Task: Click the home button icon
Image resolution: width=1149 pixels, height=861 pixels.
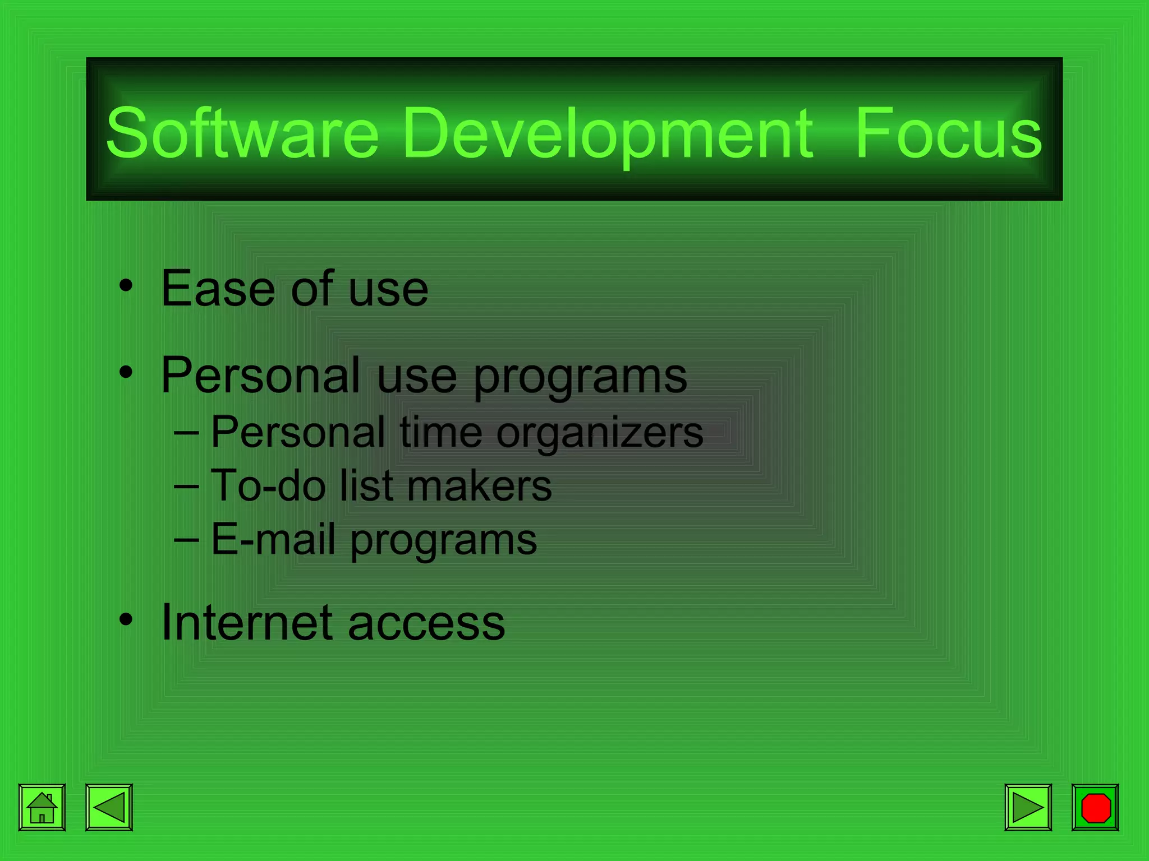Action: [42, 807]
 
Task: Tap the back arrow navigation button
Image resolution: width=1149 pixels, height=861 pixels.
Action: [109, 807]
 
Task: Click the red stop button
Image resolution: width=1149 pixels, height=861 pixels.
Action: [1095, 807]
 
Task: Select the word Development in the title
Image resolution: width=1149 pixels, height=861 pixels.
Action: [607, 133]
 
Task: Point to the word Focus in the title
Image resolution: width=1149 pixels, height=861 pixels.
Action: [948, 133]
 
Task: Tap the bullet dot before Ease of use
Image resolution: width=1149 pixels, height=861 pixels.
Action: [126, 285]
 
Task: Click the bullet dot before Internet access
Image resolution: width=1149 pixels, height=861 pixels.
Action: [126, 619]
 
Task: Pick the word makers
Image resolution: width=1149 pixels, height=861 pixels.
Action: [479, 485]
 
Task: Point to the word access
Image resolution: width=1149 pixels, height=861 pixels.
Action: [426, 624]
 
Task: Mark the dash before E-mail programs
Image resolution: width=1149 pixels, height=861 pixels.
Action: [186, 540]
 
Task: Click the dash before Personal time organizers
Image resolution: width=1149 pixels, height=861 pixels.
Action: [186, 433]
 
